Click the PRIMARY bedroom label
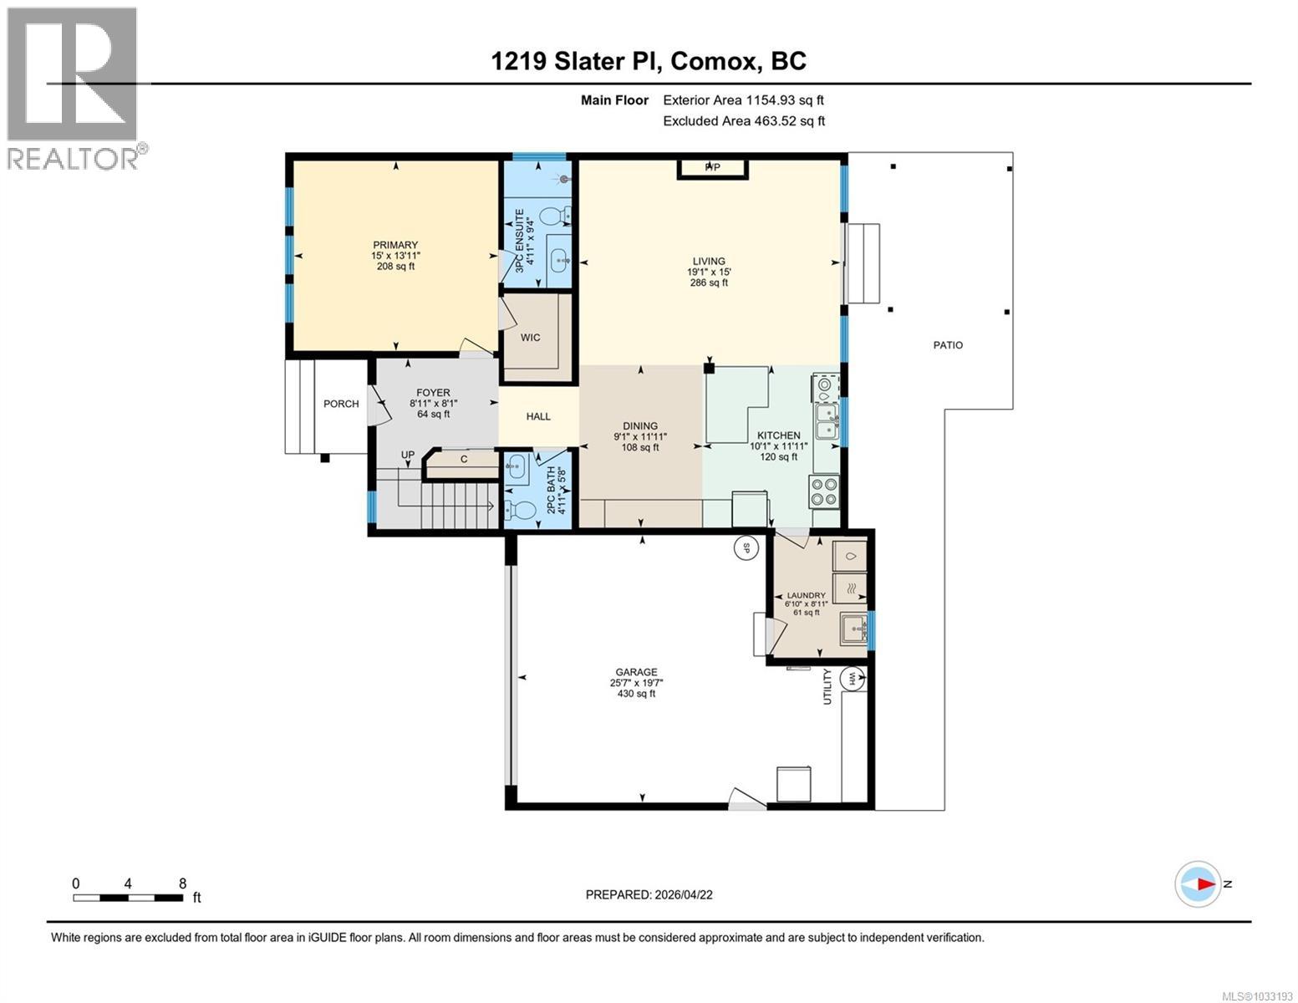tap(394, 245)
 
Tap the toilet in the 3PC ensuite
tap(552, 217)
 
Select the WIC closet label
tap(530, 338)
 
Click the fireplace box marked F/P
tap(712, 168)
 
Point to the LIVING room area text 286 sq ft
tap(708, 283)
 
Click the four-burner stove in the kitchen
tap(823, 491)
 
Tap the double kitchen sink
tap(827, 421)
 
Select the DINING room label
tap(640, 425)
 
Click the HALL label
tap(538, 416)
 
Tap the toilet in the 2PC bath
tap(523, 511)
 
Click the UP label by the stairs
tap(407, 455)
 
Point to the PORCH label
tap(341, 404)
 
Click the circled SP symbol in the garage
tap(743, 548)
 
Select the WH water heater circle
tap(853, 679)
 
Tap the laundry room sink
tap(853, 627)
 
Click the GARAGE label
tap(636, 672)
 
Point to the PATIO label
tap(948, 344)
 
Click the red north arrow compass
tap(1198, 883)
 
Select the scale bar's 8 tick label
tap(182, 883)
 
